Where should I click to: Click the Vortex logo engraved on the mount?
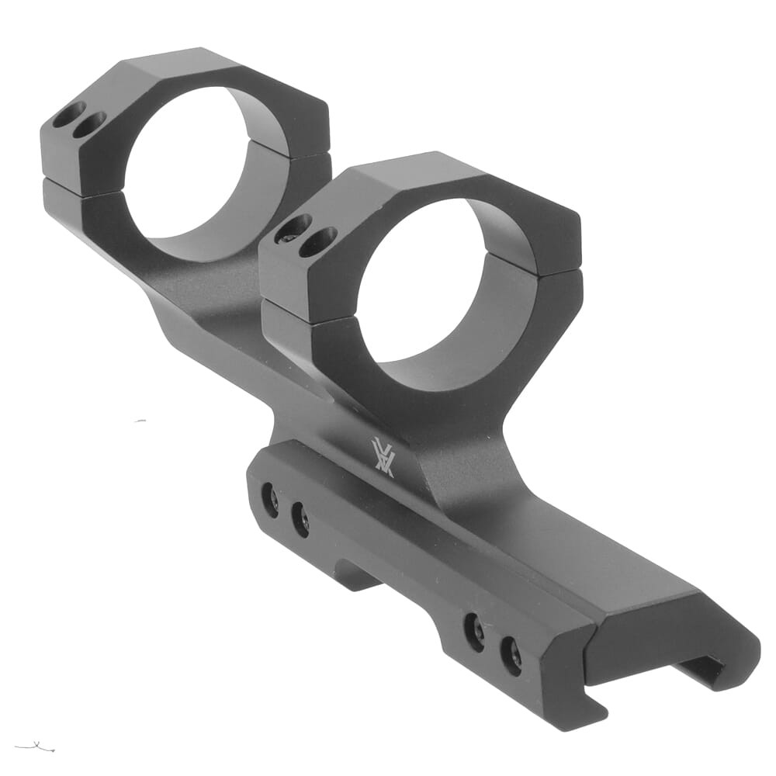point(383,458)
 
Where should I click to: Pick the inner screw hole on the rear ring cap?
point(88,124)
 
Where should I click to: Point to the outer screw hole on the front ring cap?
point(294,229)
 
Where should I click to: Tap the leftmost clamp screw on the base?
point(270,501)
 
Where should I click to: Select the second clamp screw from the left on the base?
point(300,518)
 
